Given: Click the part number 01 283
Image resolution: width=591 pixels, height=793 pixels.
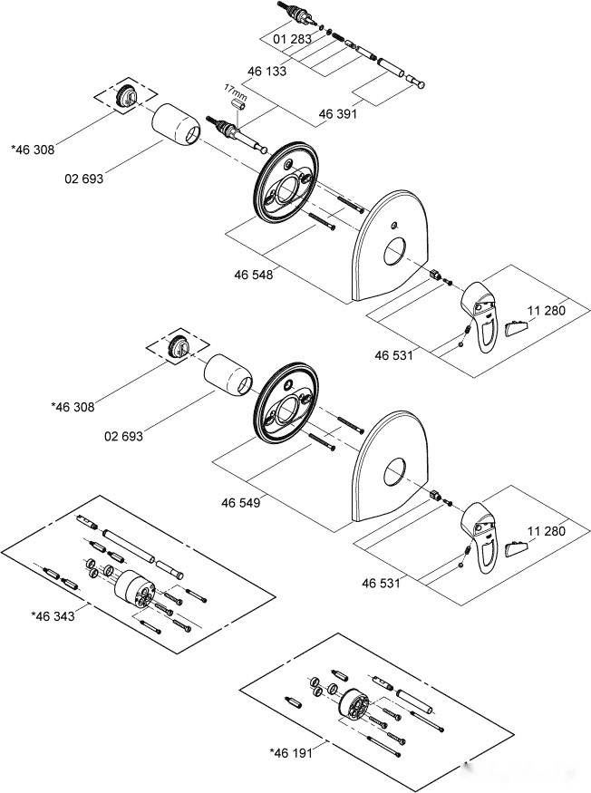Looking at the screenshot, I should (x=293, y=39).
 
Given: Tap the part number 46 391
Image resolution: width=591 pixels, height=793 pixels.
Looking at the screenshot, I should (x=337, y=115).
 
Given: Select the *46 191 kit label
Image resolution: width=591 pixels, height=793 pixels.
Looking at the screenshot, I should (x=292, y=751).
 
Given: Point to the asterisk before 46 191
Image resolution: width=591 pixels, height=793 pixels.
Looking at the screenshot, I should (x=272, y=750).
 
